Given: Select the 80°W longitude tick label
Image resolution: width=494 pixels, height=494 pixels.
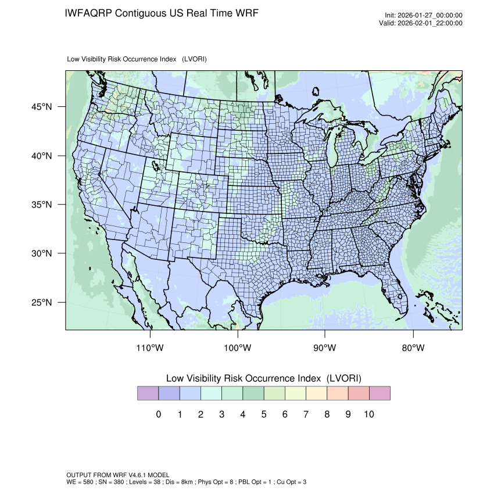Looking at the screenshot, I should [x=413, y=348].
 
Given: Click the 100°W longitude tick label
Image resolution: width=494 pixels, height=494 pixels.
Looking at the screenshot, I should [x=238, y=348].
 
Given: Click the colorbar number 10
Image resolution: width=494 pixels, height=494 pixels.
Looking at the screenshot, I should [x=368, y=414].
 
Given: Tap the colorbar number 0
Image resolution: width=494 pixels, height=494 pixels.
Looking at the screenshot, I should [x=158, y=414].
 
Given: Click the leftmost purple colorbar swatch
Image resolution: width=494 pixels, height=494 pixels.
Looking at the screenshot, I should [x=148, y=393].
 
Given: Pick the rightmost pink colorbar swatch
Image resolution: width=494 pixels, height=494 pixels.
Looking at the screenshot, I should [x=380, y=393].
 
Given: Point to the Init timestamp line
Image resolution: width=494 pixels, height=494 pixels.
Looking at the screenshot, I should [x=424, y=16].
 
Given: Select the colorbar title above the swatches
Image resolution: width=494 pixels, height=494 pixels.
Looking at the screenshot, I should [x=263, y=378].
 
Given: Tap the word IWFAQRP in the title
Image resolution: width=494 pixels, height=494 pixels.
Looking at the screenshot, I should [x=89, y=13].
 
